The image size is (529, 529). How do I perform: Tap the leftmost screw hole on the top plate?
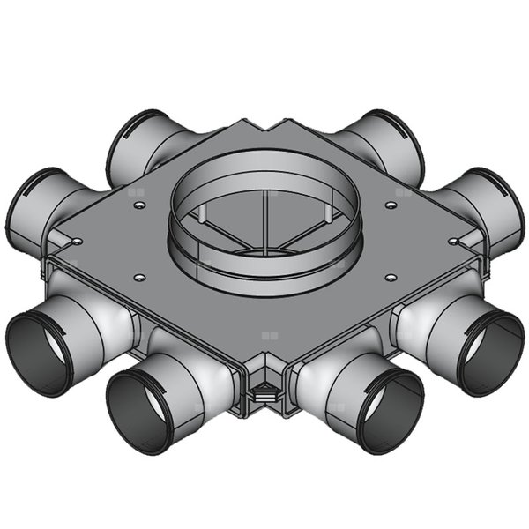[x=78, y=240]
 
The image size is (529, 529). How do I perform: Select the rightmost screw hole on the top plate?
[x=452, y=240]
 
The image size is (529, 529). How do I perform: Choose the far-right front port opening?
[x=490, y=351]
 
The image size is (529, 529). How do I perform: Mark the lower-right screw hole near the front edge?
[x=389, y=278]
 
